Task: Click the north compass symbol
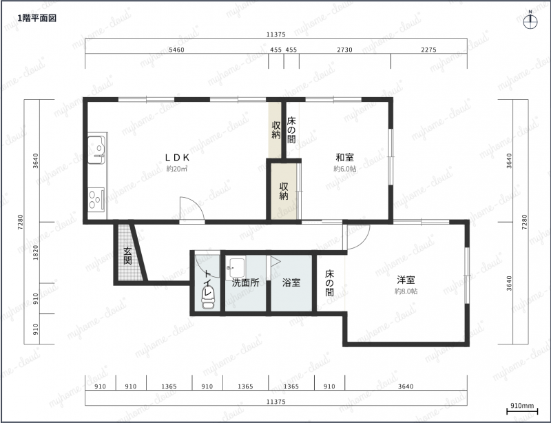click(530, 22)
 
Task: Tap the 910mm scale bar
click(522, 411)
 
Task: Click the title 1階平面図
click(37, 19)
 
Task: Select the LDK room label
click(178, 157)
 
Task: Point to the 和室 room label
click(345, 157)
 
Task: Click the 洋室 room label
click(406, 280)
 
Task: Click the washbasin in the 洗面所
click(236, 268)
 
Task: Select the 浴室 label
click(291, 282)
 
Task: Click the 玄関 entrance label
click(127, 256)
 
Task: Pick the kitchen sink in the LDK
click(96, 150)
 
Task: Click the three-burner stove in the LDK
click(96, 200)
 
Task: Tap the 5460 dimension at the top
click(176, 50)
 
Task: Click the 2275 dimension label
click(428, 50)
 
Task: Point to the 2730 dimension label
click(345, 50)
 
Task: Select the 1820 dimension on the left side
click(36, 252)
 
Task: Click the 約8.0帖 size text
click(406, 291)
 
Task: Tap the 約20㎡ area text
click(177, 169)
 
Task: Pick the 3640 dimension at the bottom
click(406, 386)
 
